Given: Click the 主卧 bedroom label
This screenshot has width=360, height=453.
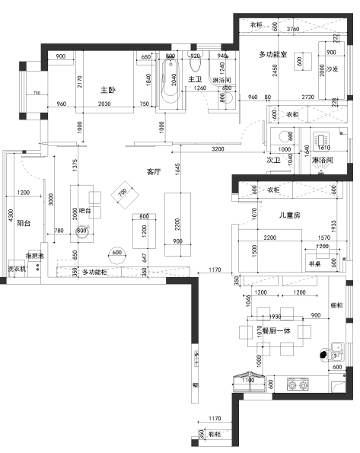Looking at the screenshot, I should (x=107, y=90).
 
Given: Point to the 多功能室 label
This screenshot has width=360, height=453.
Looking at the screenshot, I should (x=272, y=54).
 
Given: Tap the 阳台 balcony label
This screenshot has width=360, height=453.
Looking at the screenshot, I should (x=24, y=224).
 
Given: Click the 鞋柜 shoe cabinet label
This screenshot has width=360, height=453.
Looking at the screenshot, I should (x=215, y=434).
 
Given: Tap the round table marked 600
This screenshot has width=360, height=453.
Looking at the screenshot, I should (x=117, y=253).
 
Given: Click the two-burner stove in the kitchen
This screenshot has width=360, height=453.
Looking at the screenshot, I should (x=295, y=384).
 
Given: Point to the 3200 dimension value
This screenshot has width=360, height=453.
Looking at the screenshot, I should (x=218, y=148).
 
